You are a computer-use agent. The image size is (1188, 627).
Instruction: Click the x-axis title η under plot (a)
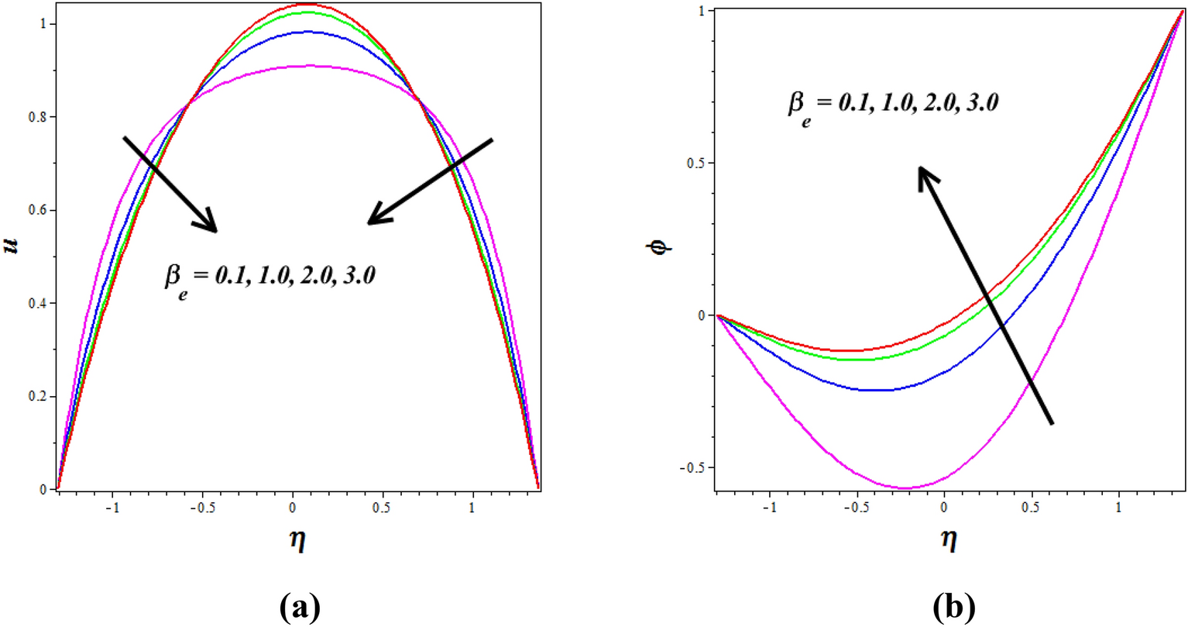point(297,539)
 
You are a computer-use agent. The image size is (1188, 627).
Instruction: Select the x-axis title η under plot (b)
point(949,539)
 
